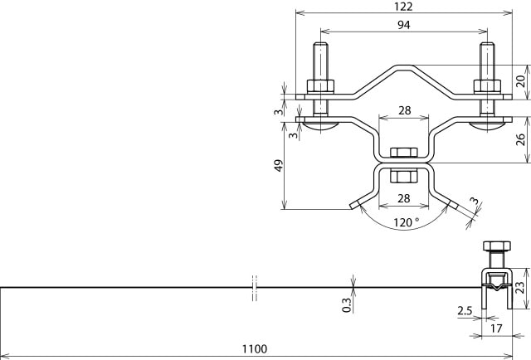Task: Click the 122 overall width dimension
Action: (403, 7)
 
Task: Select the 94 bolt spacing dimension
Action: (403, 25)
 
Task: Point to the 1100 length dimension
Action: (256, 351)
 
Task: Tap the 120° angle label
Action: (406, 222)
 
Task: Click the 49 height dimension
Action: (279, 166)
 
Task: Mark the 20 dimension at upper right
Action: (520, 81)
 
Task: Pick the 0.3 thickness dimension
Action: (347, 304)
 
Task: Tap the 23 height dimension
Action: (520, 288)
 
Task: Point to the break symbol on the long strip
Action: (255, 287)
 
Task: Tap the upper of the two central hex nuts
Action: (403, 152)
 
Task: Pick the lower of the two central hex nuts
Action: (403, 176)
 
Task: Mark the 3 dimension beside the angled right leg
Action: (474, 201)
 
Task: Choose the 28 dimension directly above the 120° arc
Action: (403, 197)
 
